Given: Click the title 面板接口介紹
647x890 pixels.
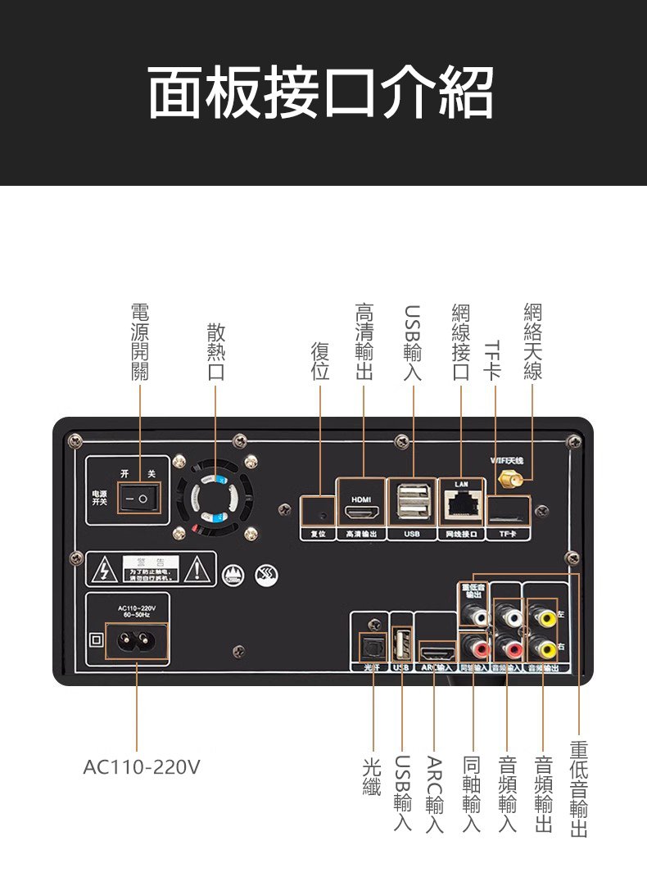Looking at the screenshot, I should tap(321, 92).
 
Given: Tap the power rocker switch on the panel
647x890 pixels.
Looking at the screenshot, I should tap(138, 498).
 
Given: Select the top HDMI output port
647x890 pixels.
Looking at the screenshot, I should tap(361, 513).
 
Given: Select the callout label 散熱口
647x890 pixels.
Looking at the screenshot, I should tap(215, 352).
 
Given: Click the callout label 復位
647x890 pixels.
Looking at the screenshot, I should tap(319, 361).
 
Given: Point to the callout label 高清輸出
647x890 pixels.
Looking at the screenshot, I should tap(364, 341).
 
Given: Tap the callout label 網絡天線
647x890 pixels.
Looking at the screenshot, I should tap(532, 341).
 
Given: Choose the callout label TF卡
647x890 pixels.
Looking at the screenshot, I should tap(492, 361).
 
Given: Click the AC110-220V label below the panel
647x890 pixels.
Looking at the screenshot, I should tap(141, 767).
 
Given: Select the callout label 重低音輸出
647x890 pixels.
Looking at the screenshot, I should tap(579, 789).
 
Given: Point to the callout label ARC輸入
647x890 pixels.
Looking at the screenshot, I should tap(435, 794).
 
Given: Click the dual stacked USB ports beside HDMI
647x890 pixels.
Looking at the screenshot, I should tap(412, 502).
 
